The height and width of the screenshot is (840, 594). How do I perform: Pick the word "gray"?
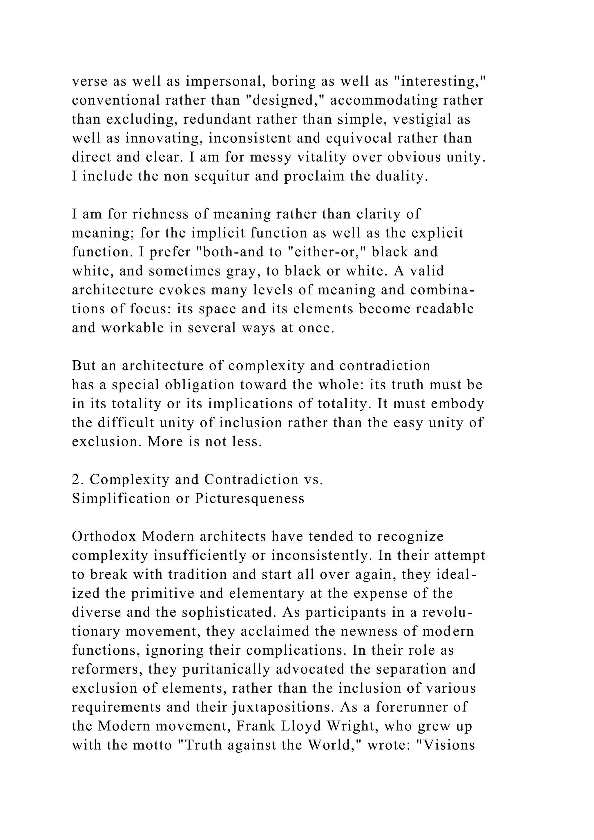[x=231, y=271]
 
